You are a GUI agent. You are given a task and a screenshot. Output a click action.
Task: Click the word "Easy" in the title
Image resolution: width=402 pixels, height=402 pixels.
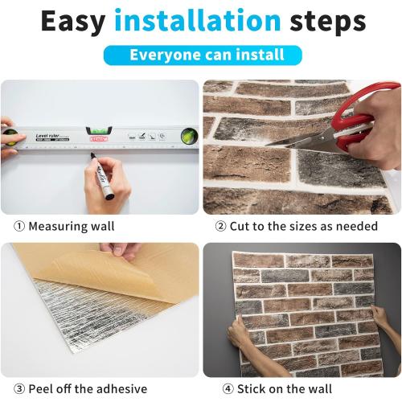click(x=72, y=22)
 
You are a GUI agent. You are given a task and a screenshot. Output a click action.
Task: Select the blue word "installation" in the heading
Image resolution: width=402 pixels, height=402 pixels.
click(x=198, y=22)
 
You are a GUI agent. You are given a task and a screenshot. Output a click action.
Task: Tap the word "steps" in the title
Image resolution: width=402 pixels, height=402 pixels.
click(x=325, y=23)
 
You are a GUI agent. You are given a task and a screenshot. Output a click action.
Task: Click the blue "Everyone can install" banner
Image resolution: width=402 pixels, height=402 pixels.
click(x=202, y=55)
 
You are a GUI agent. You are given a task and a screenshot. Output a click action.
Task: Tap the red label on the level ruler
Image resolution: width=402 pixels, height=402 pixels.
click(x=99, y=138)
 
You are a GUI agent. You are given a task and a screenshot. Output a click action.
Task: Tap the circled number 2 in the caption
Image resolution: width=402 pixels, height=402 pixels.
click(x=220, y=227)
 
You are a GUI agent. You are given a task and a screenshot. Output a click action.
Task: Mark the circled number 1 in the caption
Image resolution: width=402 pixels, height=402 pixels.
click(x=18, y=227)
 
